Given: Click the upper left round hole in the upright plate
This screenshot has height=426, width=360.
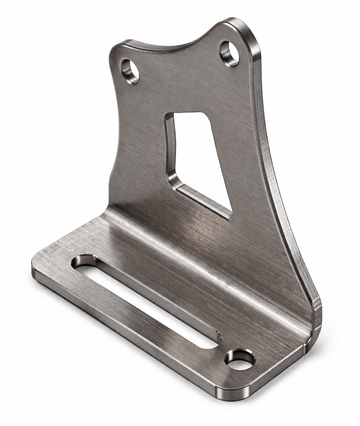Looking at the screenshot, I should tap(130, 70).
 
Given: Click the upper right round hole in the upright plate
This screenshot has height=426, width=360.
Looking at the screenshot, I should tap(230, 52).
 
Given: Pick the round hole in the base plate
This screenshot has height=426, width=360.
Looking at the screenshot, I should tap(239, 358).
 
